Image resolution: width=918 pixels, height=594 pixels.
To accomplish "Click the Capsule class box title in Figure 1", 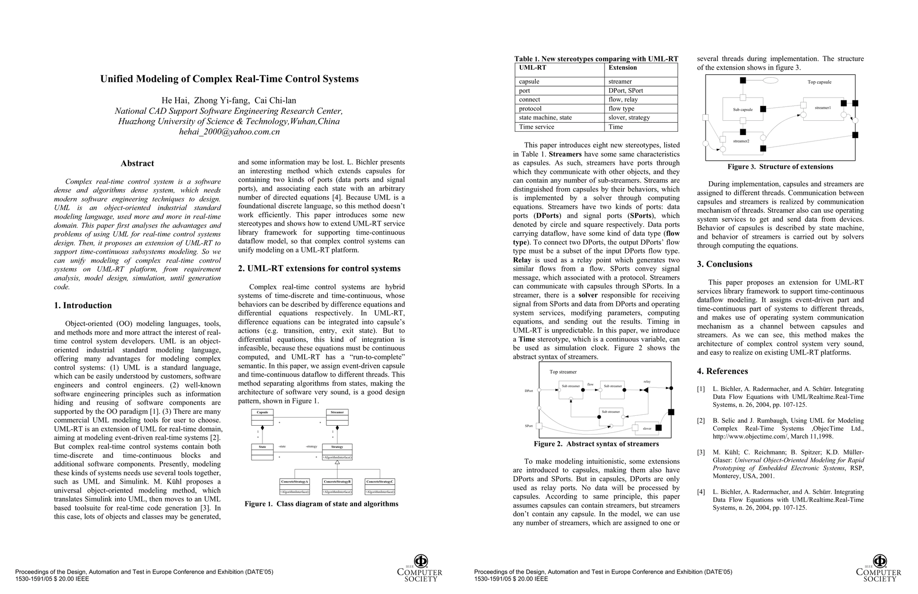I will click(262, 412).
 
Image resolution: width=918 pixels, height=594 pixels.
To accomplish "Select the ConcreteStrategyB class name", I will click(337, 482).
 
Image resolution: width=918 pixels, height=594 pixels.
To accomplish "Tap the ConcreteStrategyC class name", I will click(380, 482).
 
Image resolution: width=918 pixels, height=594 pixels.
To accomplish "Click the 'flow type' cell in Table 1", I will click(621, 108).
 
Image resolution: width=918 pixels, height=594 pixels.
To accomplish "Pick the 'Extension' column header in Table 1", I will click(622, 67).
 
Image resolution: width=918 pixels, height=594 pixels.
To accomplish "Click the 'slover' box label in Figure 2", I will click(647, 429).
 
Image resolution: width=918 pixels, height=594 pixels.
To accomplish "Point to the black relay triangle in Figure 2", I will click(646, 390).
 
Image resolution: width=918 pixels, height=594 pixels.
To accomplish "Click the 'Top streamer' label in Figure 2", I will click(563, 372).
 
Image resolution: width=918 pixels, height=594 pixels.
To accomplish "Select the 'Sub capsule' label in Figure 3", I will click(743, 109).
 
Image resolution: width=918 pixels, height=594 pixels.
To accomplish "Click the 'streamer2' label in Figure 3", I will click(741, 141).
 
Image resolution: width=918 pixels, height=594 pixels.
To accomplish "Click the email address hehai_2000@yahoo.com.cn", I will click(229, 132).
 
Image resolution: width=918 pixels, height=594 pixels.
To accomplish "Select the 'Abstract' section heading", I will click(137, 163).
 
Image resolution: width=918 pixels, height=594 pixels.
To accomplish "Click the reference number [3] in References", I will click(701, 452).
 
